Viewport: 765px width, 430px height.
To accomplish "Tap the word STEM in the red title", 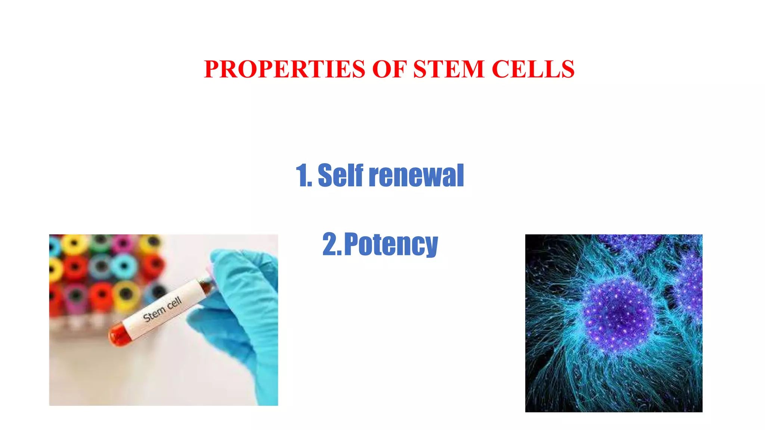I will (449, 69).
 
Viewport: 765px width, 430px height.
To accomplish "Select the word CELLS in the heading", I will (533, 69).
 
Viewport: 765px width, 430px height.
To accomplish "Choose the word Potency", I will (391, 244).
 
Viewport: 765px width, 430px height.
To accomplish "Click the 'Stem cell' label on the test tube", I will (162, 309).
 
